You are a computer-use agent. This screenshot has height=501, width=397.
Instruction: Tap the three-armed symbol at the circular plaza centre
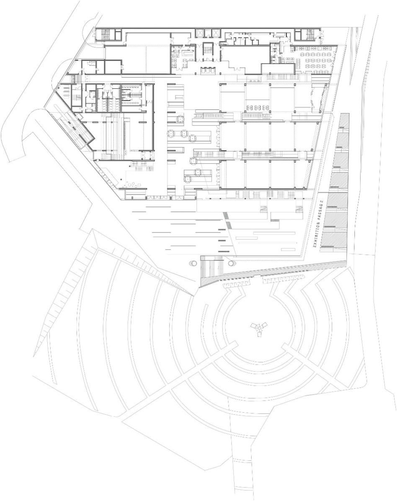(x=259, y=328)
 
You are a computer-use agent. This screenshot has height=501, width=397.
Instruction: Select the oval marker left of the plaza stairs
(x=193, y=263)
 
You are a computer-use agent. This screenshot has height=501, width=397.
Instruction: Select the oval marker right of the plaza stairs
(x=232, y=263)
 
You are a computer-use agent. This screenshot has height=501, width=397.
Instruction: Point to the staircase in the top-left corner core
(x=104, y=34)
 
